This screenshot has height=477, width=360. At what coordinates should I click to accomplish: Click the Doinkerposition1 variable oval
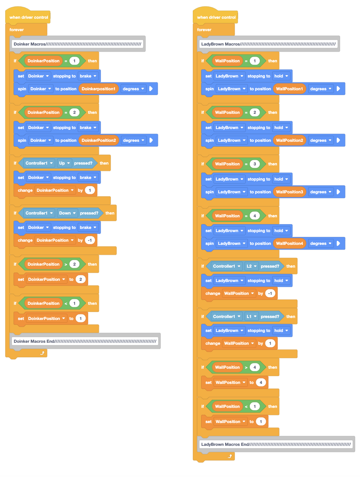click(x=99, y=89)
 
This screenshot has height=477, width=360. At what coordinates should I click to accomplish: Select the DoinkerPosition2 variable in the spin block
click(x=99, y=140)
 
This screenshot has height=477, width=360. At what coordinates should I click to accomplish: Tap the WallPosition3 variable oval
click(x=289, y=192)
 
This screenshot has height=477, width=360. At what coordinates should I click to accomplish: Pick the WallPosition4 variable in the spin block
click(x=289, y=243)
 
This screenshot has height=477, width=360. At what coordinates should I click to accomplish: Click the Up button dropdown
click(x=65, y=163)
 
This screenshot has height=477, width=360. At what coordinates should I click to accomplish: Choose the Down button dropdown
click(x=67, y=213)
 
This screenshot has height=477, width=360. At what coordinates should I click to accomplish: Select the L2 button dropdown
click(x=251, y=266)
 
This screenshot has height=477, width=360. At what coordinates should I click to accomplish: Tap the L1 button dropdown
click(x=251, y=316)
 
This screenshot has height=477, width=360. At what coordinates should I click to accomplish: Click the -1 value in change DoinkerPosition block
click(x=90, y=240)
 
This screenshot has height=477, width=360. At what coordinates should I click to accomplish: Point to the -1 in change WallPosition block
click(x=270, y=293)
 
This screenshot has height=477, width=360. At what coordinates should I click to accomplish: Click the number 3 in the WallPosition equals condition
click(x=255, y=164)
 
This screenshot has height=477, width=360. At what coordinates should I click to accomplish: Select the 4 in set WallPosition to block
click(x=261, y=382)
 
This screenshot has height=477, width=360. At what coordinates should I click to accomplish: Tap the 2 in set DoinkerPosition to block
click(x=81, y=279)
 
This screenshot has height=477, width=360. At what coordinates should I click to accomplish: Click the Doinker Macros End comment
click(x=85, y=341)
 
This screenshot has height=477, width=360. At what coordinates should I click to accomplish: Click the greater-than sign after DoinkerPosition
click(x=65, y=264)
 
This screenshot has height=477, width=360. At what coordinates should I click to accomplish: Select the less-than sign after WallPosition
click(x=246, y=406)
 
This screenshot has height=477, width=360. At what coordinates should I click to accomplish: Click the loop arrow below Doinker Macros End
click(x=42, y=353)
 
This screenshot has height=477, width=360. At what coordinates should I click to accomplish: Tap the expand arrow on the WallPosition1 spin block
click(x=338, y=89)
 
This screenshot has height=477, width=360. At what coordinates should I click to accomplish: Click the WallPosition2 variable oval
click(x=289, y=140)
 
